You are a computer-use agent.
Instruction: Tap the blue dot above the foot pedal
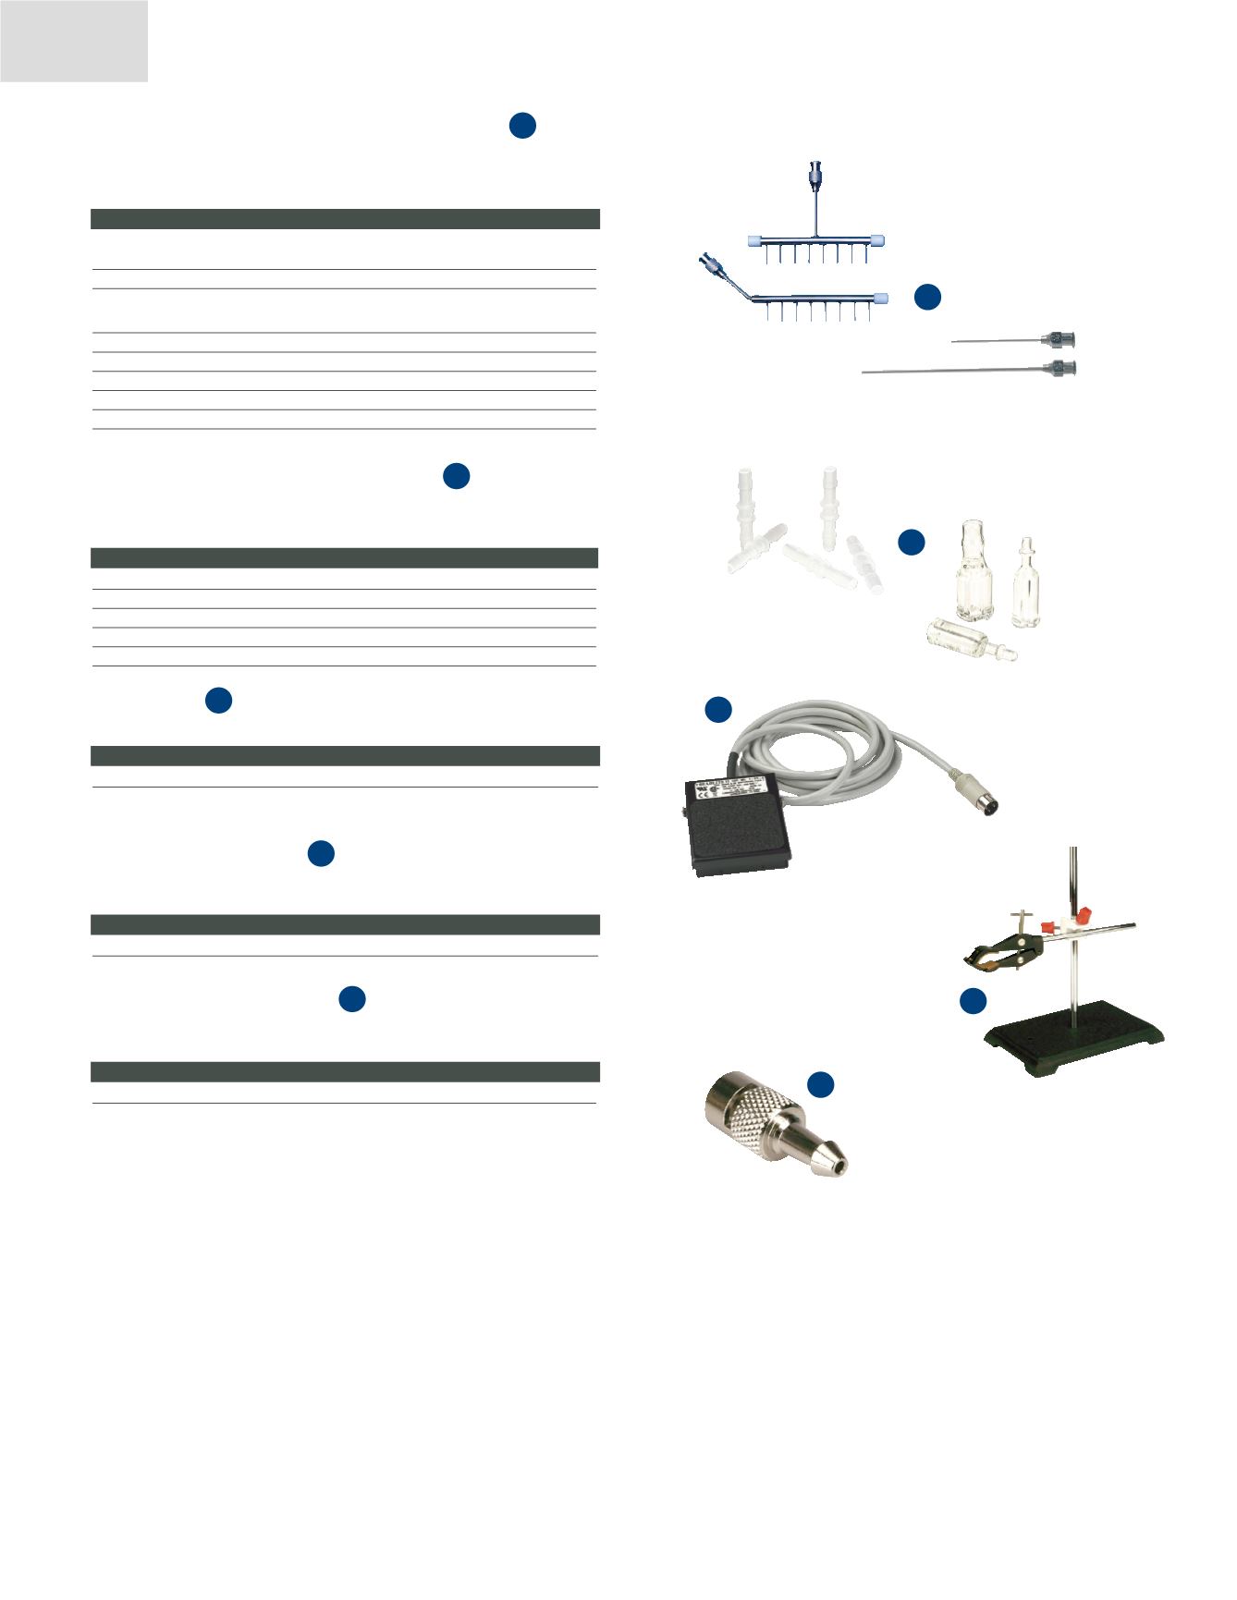718,710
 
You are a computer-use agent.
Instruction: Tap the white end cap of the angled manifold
880,299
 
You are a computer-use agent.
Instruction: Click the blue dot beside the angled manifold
928,296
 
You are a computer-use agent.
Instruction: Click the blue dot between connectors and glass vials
912,543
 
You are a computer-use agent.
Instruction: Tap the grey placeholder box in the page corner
74,41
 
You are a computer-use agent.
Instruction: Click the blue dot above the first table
522,127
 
